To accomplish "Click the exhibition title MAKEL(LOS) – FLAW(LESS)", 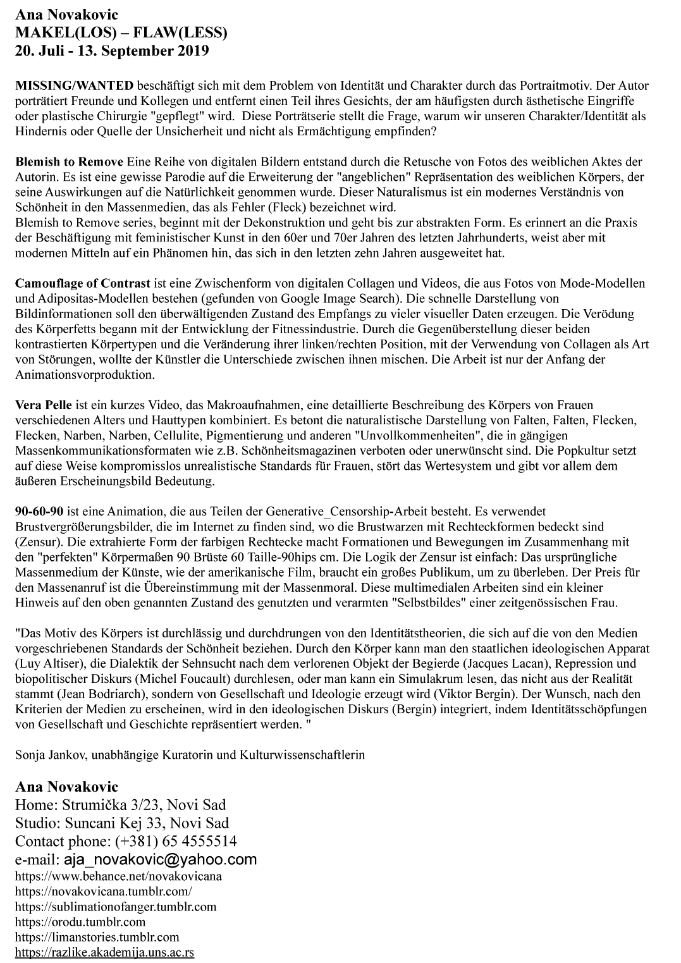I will tap(121, 33).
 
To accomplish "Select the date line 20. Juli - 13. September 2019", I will tap(112, 51).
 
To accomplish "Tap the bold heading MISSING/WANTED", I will tap(75, 85).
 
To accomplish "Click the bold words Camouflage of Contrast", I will tap(83, 283).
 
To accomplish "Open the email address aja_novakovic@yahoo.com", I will tap(160, 859).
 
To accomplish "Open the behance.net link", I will tap(118, 876).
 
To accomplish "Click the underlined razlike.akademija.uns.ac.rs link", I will tap(104, 952).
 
